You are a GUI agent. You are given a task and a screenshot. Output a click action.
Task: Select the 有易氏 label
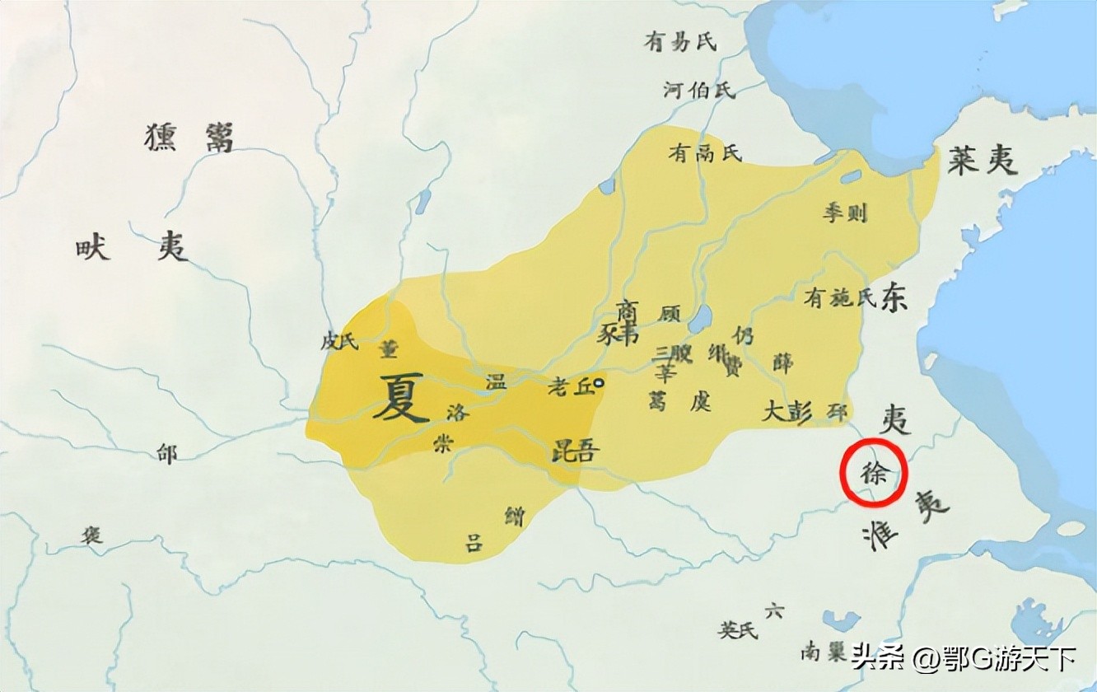tap(681, 41)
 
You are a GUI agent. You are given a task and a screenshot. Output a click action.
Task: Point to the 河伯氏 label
tap(699, 90)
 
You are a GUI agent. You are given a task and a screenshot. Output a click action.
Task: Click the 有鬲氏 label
tap(705, 152)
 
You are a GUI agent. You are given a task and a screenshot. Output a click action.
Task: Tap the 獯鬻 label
tap(189, 137)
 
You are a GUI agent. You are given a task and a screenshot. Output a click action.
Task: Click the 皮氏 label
tap(340, 341)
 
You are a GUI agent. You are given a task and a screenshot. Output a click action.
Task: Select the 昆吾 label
tap(576, 451)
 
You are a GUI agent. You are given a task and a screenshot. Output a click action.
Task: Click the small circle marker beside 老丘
tap(599, 382)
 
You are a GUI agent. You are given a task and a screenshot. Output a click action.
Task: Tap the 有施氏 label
tap(840, 298)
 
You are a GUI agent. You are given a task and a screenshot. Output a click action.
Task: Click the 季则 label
tap(845, 213)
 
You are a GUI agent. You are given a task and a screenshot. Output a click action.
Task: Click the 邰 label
tap(167, 454)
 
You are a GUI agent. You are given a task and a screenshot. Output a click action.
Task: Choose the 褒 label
tap(91, 535)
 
